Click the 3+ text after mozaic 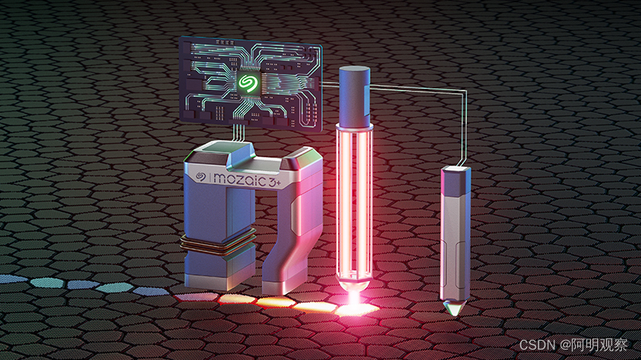coord(274,182)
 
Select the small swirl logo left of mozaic coord(200,176)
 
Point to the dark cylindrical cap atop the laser coord(355,96)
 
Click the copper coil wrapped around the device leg coord(218,242)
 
